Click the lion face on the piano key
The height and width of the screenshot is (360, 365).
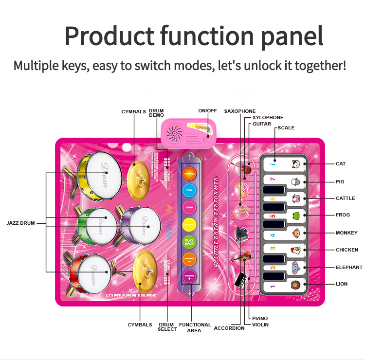pos(295,285)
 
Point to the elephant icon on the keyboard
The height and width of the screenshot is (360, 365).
pos(295,267)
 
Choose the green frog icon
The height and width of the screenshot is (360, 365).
pos(295,216)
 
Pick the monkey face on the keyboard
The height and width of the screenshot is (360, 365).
pos(295,233)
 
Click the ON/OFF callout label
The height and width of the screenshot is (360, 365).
pos(207,111)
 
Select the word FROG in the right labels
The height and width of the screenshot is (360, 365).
pos(343,215)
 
